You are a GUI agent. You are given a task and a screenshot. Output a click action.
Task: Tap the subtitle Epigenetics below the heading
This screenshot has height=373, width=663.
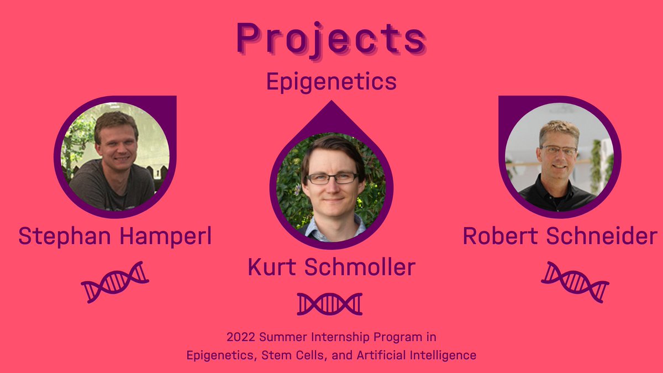coord(331,82)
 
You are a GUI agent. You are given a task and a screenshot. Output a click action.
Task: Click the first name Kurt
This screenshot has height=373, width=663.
coord(271,267)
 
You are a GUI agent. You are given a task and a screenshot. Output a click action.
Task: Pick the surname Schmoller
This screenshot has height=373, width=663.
coord(360,267)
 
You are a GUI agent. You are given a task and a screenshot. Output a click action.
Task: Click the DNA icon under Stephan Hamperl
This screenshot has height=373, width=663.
coord(115,282)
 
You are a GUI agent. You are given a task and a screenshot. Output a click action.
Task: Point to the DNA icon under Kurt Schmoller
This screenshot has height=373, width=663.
coord(330,304)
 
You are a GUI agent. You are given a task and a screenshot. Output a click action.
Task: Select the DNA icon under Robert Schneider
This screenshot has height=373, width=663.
coord(575,282)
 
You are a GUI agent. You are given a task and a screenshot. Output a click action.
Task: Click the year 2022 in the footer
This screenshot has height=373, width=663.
coord(239,337)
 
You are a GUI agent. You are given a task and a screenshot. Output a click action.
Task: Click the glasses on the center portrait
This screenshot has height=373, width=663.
coord(332,178)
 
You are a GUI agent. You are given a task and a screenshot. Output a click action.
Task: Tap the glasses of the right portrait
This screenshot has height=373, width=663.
coord(559,150)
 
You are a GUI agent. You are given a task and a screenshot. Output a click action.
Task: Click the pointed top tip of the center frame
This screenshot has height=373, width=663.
coord(331,102)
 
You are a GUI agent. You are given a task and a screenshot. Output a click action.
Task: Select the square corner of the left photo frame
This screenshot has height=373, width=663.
coord(172,100)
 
